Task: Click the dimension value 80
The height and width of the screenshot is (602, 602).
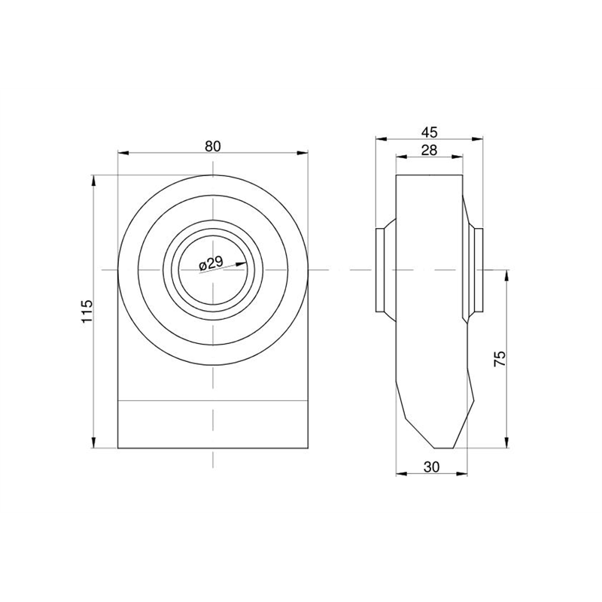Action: pos(213,146)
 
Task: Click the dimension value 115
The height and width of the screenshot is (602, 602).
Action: pos(87,312)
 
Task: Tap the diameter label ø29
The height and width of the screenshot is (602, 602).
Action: pos(211,263)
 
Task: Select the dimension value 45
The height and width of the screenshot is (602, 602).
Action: pos(429,132)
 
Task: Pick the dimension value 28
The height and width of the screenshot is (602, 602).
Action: pos(429,150)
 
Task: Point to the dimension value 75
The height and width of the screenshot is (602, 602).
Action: pos(500,359)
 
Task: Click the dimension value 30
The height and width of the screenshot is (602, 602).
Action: pos(431,467)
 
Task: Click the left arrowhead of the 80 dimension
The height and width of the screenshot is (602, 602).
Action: pos(123,154)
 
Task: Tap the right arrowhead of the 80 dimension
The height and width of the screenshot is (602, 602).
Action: pos(303,154)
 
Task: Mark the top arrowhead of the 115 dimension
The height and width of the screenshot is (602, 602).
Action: pos(93,181)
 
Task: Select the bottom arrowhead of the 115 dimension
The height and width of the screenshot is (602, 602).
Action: pos(93,442)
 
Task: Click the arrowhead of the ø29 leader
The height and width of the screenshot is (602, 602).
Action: pos(242,264)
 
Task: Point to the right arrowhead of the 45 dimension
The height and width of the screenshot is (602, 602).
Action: pos(477,139)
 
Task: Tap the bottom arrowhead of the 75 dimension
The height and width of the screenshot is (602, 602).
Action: pos(506,442)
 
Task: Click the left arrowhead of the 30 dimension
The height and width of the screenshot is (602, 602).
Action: pos(401,474)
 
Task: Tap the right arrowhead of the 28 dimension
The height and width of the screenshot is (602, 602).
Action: pos(458,157)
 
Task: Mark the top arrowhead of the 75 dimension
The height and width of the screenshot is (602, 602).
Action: pos(506,275)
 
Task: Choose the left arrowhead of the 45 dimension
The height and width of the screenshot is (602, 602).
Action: pos(381,139)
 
